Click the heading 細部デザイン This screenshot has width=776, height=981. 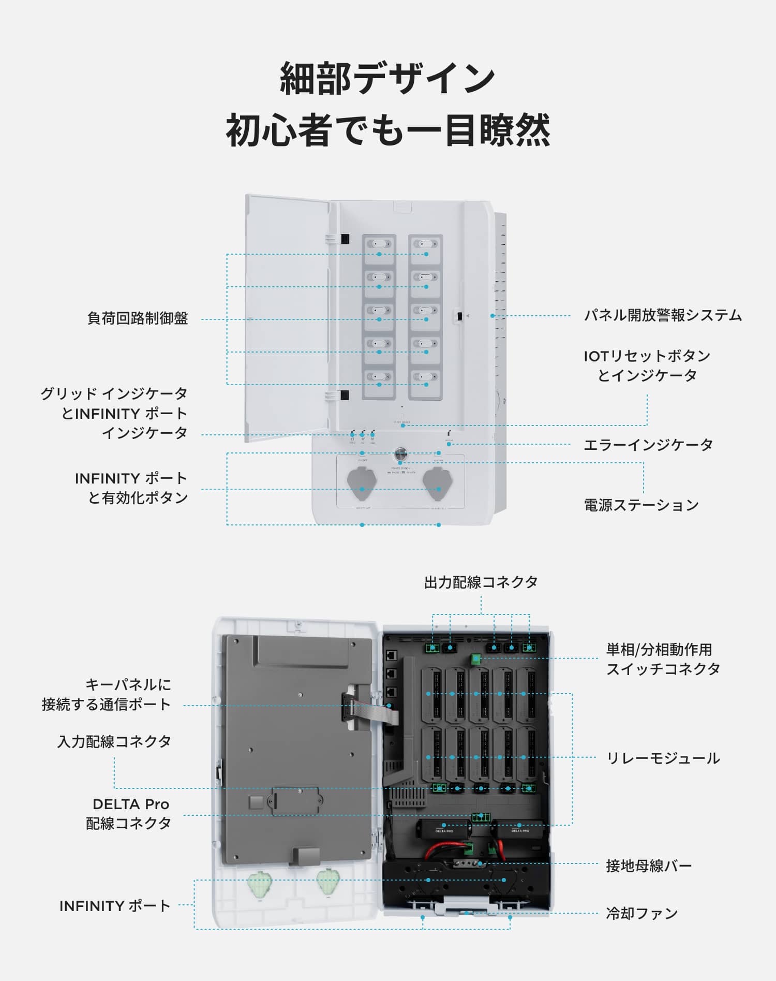point(387,79)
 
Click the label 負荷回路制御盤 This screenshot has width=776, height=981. point(138,318)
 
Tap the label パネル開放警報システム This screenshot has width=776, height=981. point(663,315)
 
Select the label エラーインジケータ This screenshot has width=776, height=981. point(648,445)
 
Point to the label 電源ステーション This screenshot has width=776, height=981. point(641,505)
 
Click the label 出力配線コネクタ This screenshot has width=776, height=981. point(481,582)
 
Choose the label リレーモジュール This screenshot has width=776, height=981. point(663,758)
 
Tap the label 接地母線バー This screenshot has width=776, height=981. point(649,866)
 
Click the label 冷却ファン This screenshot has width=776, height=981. point(641,913)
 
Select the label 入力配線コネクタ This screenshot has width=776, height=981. point(114,742)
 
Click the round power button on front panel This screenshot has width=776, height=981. point(401,455)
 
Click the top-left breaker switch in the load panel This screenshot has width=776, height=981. point(379,244)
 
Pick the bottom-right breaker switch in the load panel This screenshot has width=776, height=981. point(426,377)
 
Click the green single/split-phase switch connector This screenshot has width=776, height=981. point(476,660)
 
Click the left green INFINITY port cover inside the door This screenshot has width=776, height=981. point(260,885)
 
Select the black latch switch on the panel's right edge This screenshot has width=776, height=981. point(459,315)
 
